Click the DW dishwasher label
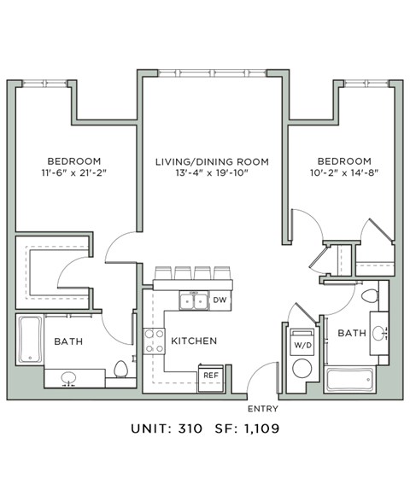click(x=220, y=300)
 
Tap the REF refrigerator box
click(x=210, y=375)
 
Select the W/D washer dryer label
click(x=302, y=346)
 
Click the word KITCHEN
click(x=194, y=341)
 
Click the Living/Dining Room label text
click(x=212, y=161)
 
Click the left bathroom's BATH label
click(x=69, y=341)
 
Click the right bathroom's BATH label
click(x=351, y=332)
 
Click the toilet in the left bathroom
click(x=121, y=370)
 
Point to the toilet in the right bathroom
click(x=370, y=296)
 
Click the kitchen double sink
click(x=192, y=300)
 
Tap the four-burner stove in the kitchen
click(x=155, y=341)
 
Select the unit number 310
click(x=188, y=428)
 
